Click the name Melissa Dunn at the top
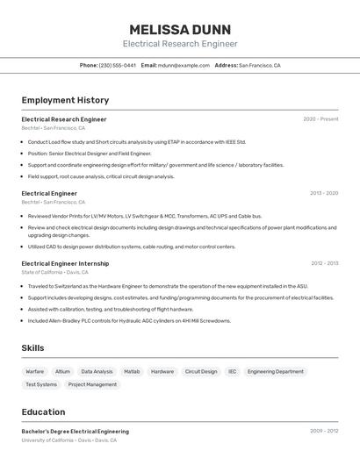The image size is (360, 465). point(180,29)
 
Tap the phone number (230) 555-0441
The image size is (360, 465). point(117,65)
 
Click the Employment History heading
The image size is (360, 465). point(65,100)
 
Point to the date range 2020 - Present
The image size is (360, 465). point(320,119)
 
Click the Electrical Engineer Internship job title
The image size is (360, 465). point(65,263)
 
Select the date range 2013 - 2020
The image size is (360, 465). point(323,193)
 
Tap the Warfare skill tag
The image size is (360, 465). point(35,371)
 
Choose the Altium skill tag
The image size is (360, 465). point(63,371)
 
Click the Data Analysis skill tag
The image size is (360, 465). point(97,371)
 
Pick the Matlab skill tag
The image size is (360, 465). point(132,371)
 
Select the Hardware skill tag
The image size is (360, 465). point(162,371)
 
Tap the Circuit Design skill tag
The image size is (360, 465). point(201,371)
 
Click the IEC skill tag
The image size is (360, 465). point(233,371)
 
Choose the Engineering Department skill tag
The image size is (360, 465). point(275,371)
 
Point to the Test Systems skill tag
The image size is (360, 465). point(41,384)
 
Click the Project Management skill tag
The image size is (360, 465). point(92,384)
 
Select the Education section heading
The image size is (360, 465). point(43,412)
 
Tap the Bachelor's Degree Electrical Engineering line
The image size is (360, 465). point(75,432)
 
